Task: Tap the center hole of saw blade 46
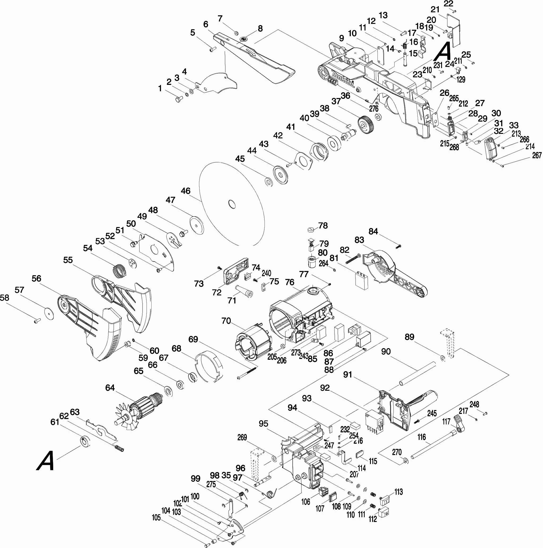click(x=232, y=204)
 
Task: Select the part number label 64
click(x=110, y=388)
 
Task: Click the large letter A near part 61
click(x=46, y=461)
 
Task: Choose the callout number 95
click(x=263, y=424)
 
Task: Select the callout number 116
click(x=421, y=437)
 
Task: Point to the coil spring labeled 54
click(x=119, y=271)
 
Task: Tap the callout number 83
click(x=359, y=240)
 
